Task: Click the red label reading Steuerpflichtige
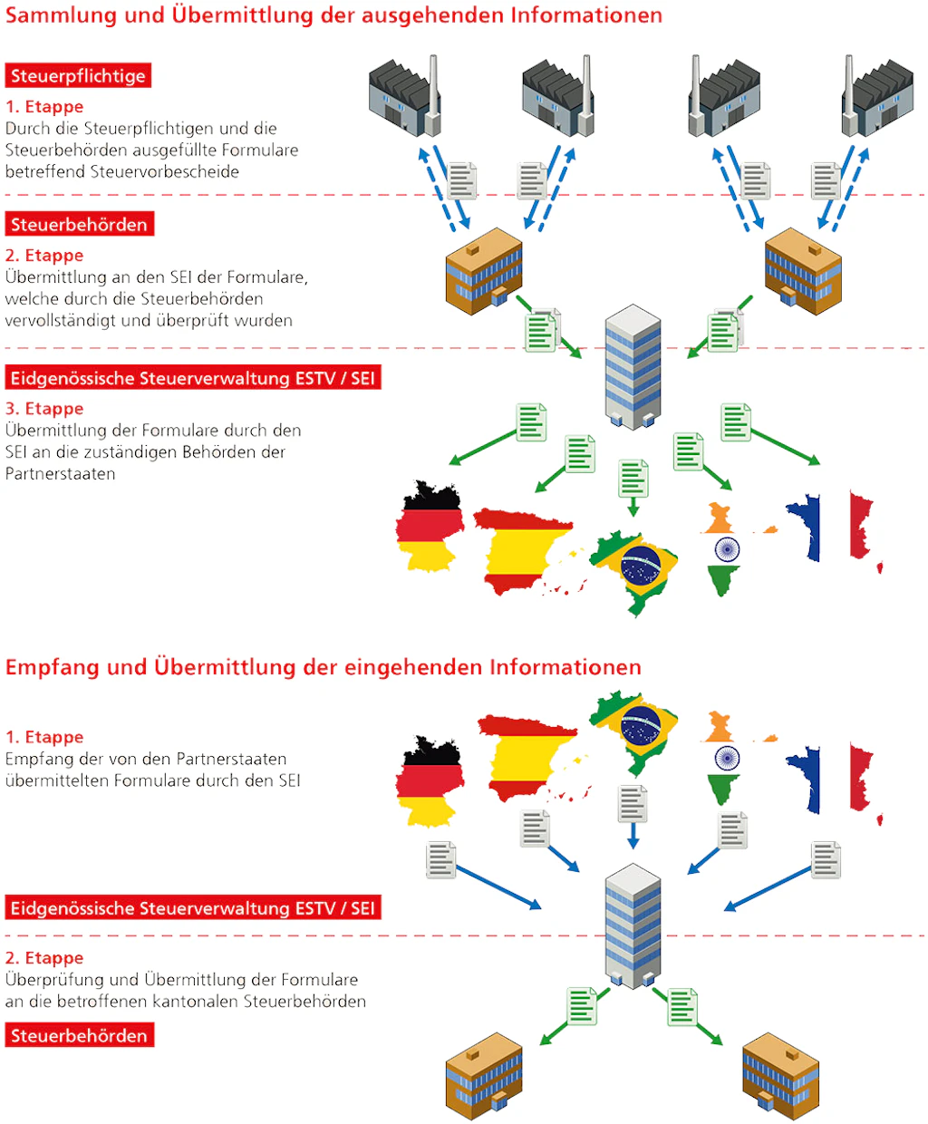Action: click(78, 76)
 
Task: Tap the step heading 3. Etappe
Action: click(44, 409)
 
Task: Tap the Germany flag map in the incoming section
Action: click(430, 780)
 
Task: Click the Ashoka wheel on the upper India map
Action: click(727, 548)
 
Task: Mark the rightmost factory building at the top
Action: click(878, 97)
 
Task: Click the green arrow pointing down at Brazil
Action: click(633, 505)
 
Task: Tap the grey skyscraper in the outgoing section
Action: click(633, 366)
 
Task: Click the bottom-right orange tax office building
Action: click(780, 1076)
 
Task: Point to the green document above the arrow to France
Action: click(736, 422)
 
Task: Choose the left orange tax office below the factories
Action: click(484, 271)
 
